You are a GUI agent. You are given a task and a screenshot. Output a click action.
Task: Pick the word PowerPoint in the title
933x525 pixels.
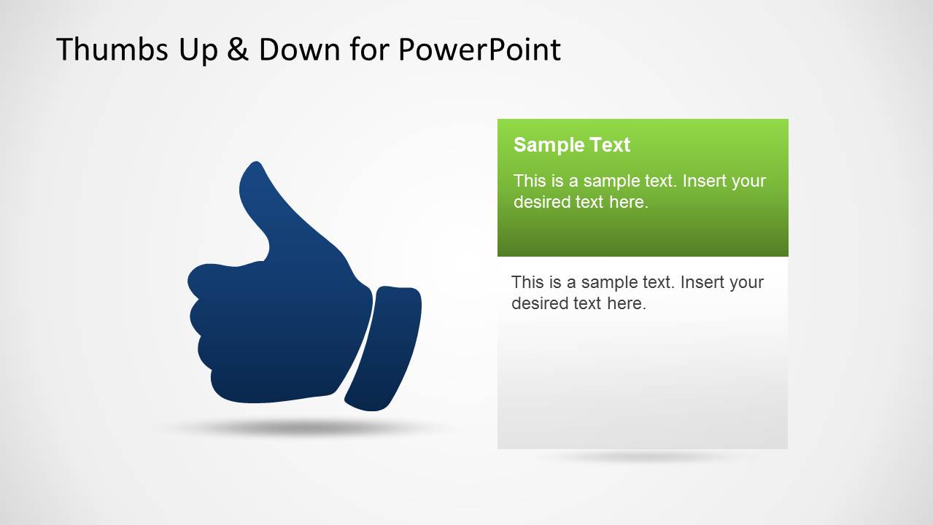pyautogui.click(x=479, y=50)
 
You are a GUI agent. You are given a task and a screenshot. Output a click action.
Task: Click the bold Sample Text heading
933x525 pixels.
pyautogui.click(x=571, y=144)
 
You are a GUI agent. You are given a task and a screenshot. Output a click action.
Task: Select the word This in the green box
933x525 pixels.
pyautogui.click(x=528, y=181)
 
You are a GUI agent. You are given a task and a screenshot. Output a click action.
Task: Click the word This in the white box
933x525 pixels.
pyautogui.click(x=526, y=282)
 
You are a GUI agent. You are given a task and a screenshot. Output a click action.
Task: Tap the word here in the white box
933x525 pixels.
pyautogui.click(x=626, y=303)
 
